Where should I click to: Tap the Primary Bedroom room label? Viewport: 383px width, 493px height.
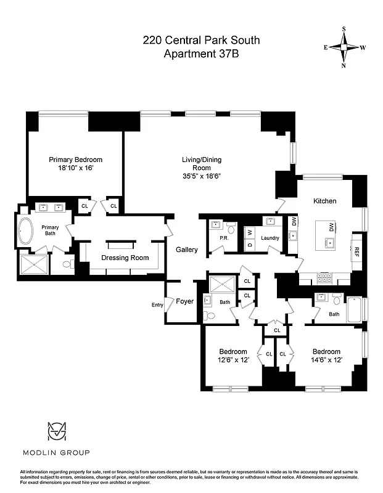tap(76, 159)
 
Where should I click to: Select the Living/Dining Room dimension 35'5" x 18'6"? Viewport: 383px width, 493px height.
tap(201, 176)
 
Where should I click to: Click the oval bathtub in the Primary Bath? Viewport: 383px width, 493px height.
tap(27, 232)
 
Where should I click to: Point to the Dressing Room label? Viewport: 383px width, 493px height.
tap(125, 258)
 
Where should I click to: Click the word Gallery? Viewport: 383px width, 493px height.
tap(186, 250)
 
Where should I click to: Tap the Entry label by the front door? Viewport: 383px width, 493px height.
tap(157, 304)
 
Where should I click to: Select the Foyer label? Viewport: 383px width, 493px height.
tap(184, 301)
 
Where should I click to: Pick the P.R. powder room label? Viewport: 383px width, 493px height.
tap(215, 238)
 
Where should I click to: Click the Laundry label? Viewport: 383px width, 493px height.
tap(270, 238)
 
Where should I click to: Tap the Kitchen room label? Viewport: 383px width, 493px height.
tap(325, 202)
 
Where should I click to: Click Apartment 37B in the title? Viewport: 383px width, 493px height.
tap(201, 54)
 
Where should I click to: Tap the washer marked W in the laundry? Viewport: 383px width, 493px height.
tap(250, 233)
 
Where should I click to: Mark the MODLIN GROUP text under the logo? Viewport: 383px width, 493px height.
tap(56, 453)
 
